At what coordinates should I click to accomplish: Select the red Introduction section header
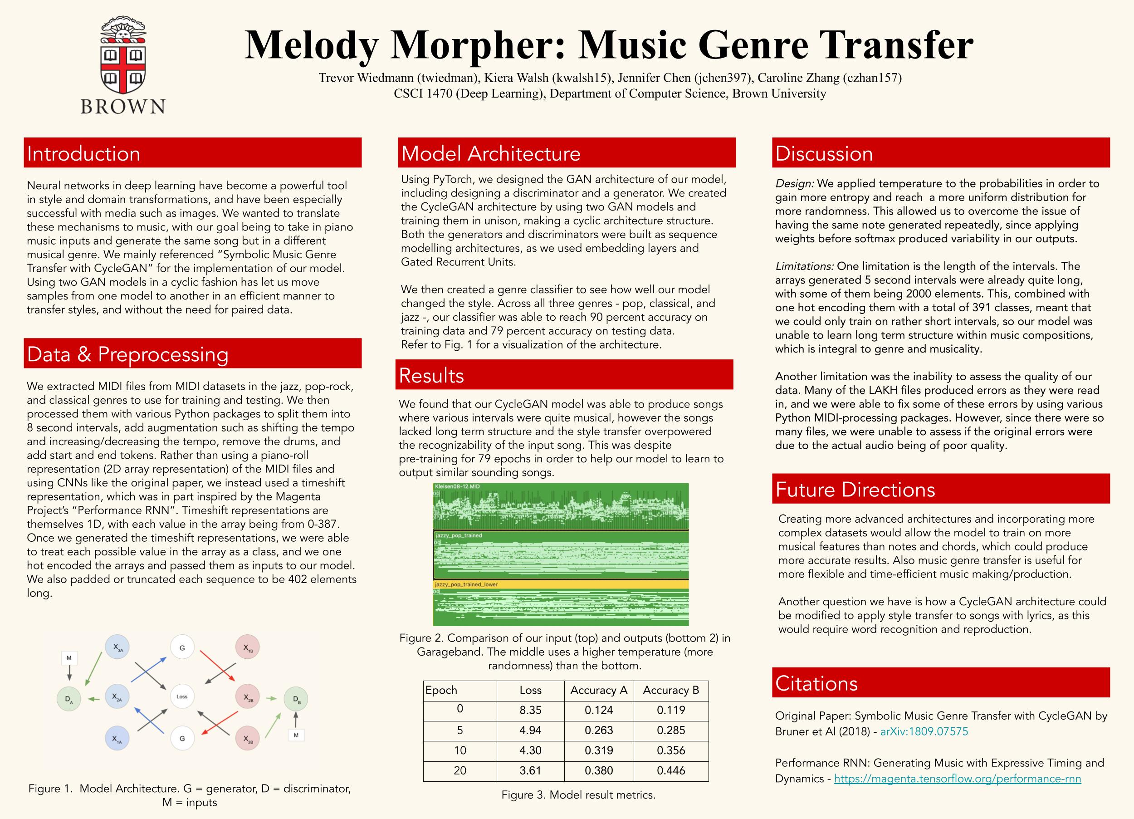click(x=192, y=153)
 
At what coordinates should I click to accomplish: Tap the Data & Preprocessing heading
click(x=192, y=354)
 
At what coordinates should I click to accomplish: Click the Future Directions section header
click(x=940, y=489)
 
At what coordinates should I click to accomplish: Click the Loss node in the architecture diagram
click(x=182, y=696)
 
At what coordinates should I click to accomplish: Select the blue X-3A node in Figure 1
click(x=117, y=647)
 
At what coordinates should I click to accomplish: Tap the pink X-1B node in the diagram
click(x=248, y=647)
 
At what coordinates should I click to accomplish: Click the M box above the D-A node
click(x=69, y=657)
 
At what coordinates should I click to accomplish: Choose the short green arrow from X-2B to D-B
click(x=271, y=698)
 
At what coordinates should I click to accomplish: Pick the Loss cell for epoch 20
click(x=530, y=770)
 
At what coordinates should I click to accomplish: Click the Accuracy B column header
click(x=671, y=691)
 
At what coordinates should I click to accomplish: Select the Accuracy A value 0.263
click(x=598, y=731)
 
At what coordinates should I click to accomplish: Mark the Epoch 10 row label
click(x=460, y=750)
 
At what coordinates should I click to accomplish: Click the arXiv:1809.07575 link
click(x=924, y=731)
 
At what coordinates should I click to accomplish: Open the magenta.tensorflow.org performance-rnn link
click(x=958, y=779)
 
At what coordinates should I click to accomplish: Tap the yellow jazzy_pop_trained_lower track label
click(x=466, y=584)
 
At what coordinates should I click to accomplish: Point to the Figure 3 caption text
click(x=578, y=795)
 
